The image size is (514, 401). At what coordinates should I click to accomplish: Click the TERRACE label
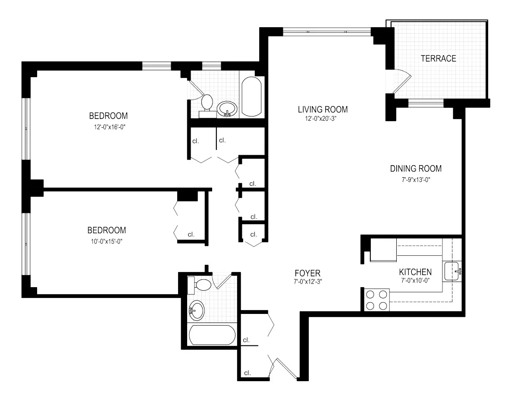(x=438, y=59)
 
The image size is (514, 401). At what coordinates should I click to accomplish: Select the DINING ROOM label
(x=416, y=169)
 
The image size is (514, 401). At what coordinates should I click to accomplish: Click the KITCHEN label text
(x=415, y=272)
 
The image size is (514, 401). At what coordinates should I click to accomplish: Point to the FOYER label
(x=307, y=273)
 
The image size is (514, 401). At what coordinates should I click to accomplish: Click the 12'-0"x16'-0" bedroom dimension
(x=108, y=127)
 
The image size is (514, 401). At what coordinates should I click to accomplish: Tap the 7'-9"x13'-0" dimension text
(x=416, y=180)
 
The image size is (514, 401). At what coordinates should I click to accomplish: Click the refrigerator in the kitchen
(x=383, y=251)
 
